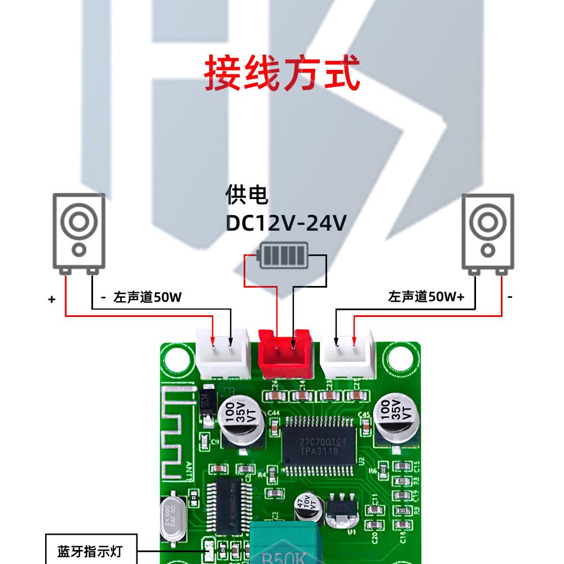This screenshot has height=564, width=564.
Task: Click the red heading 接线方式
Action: coord(281,73)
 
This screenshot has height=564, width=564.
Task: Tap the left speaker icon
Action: coord(79,231)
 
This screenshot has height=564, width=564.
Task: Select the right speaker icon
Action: coord(487,231)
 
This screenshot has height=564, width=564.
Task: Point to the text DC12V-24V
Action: coord(286,223)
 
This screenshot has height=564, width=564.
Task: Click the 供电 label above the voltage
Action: coord(247,195)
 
